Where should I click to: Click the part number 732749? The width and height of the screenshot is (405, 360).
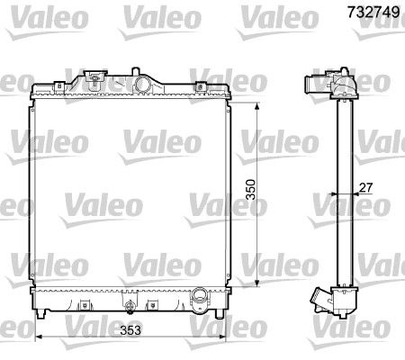click(373, 12)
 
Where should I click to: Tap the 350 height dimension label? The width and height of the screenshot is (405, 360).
click(250, 190)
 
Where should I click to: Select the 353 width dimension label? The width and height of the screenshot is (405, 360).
click(130, 330)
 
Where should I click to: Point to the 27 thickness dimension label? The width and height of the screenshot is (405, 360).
click(365, 187)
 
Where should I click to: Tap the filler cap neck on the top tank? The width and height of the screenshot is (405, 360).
click(94, 76)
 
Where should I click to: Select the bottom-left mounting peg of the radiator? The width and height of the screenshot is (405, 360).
click(40, 314)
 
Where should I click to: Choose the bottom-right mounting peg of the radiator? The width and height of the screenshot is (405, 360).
click(220, 314)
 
